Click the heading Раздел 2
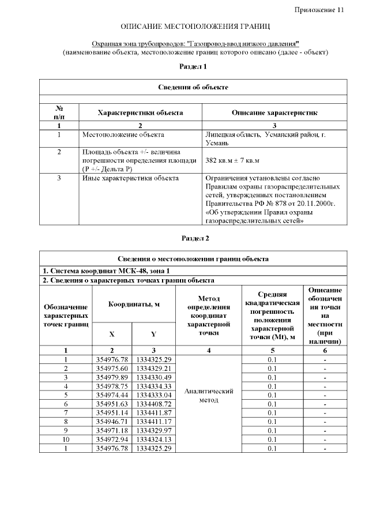click(x=195, y=238)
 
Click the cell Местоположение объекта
click(x=123, y=134)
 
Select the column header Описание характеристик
click(x=274, y=112)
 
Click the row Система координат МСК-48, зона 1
click(x=107, y=270)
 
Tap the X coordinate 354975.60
click(x=112, y=368)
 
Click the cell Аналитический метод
click(x=208, y=395)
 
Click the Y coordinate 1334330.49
click(x=153, y=377)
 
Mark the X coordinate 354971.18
click(x=112, y=431)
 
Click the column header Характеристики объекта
click(x=140, y=112)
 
